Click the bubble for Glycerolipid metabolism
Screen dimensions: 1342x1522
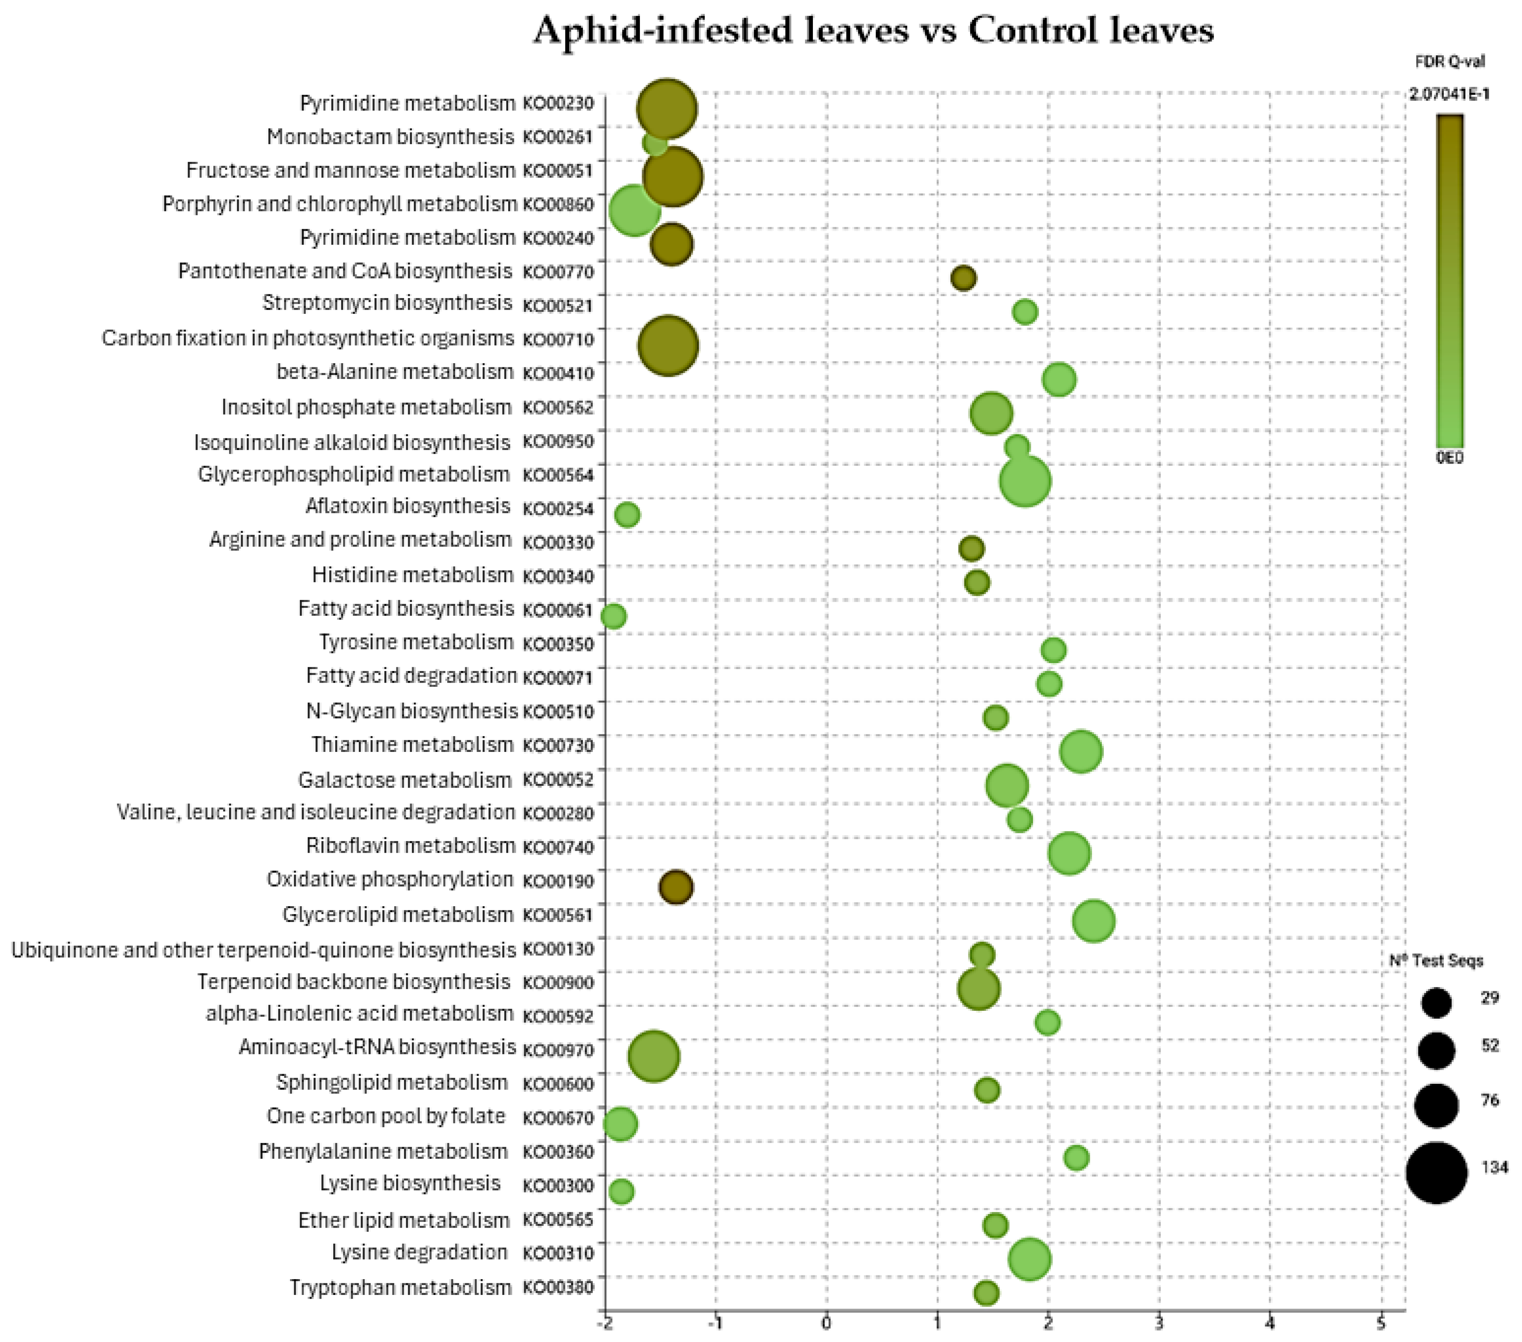click(x=1093, y=921)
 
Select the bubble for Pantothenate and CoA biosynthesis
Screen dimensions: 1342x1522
click(x=963, y=278)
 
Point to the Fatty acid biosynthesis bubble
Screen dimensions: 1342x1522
click(x=613, y=616)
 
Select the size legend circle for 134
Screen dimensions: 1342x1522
click(x=1436, y=1172)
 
